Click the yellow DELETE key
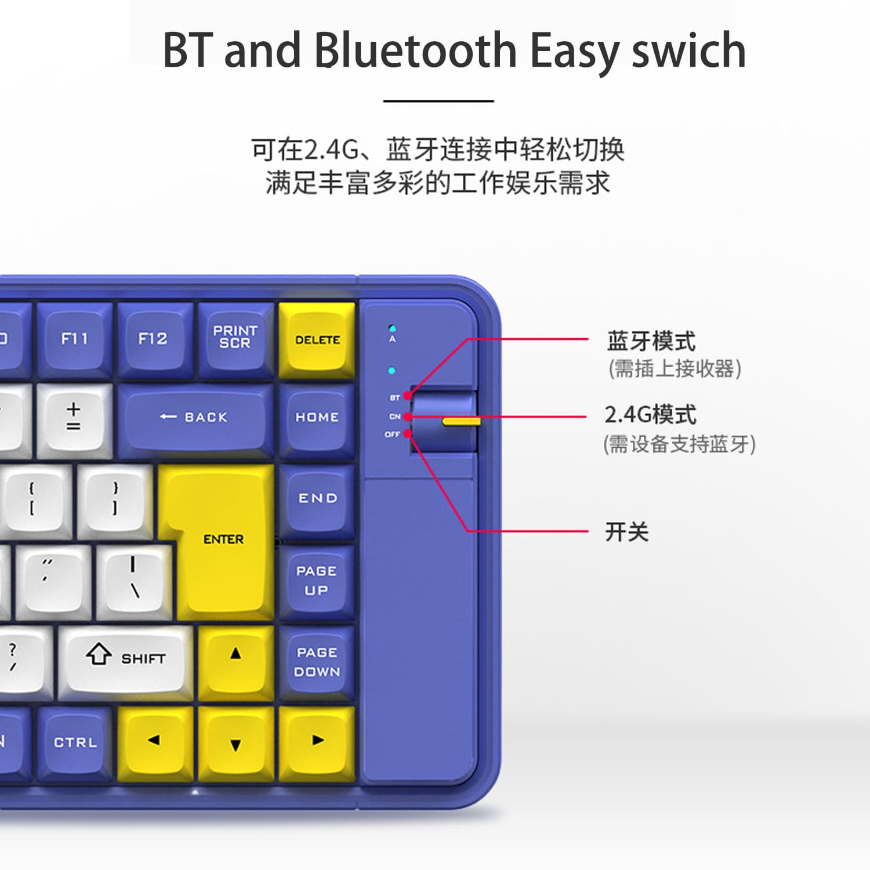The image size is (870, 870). (317, 340)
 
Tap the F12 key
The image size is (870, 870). (153, 339)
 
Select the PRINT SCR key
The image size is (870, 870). (235, 338)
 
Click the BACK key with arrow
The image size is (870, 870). (195, 418)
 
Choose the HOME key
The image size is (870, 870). (317, 418)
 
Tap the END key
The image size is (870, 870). (317, 499)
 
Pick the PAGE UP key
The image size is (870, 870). (317, 581)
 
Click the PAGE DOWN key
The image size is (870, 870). (317, 662)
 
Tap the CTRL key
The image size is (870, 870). (75, 742)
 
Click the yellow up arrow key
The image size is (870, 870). (235, 655)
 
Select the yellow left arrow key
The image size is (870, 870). (154, 741)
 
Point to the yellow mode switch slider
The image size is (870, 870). (461, 420)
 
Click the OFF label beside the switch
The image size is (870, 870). (393, 434)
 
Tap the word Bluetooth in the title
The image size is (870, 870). (415, 51)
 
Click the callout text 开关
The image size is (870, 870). (626, 531)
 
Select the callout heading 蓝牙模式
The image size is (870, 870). (651, 341)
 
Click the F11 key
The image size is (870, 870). (75, 339)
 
